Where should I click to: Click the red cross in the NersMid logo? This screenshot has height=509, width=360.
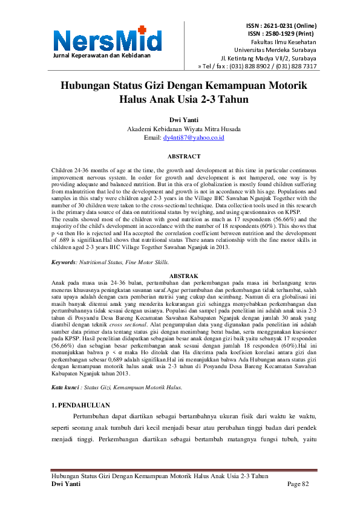(142, 30)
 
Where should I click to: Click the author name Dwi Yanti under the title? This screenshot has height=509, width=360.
(180, 120)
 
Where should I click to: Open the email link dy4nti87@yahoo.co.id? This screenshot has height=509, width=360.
(194, 138)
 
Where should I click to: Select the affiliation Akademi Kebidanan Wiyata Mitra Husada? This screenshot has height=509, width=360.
(180, 129)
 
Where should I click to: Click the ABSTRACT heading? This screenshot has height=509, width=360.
(180, 157)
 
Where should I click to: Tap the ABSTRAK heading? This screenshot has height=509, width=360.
(180, 275)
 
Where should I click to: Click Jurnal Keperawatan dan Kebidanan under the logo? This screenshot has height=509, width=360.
(102, 56)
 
